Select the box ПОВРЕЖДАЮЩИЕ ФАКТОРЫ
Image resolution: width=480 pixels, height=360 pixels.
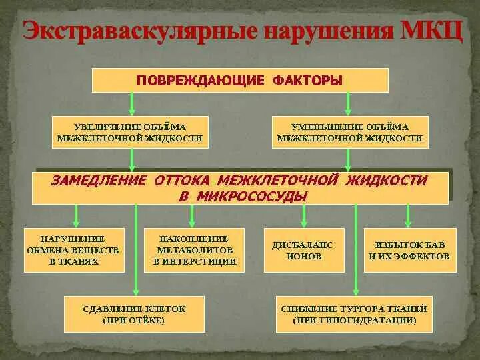click(x=240, y=80)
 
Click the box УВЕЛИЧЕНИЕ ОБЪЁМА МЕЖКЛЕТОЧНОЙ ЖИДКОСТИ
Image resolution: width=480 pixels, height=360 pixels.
click(x=130, y=132)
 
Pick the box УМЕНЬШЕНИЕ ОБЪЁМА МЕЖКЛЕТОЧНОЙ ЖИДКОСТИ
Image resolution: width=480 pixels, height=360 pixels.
click(x=350, y=132)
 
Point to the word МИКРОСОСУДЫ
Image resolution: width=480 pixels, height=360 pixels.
click(x=253, y=196)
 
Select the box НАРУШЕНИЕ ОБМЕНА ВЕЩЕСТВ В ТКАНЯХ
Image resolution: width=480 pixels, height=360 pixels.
click(x=74, y=249)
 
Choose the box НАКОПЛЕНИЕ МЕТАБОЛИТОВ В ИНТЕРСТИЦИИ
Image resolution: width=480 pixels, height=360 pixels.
click(x=194, y=249)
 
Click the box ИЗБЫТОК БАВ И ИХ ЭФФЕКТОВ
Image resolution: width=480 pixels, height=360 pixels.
click(x=410, y=250)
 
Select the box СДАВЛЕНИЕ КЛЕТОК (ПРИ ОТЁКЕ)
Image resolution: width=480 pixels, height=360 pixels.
click(x=135, y=314)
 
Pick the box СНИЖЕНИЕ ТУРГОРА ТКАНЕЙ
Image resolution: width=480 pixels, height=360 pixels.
click(x=354, y=314)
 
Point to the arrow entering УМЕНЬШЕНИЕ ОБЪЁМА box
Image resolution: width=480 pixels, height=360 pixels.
click(x=347, y=104)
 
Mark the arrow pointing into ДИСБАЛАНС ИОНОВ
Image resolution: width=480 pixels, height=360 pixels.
click(x=305, y=217)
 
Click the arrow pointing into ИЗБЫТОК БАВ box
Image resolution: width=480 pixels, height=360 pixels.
click(x=409, y=217)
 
